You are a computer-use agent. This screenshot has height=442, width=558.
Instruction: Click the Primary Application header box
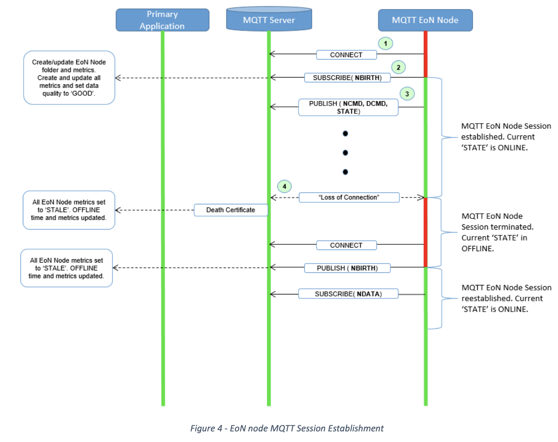click(x=162, y=20)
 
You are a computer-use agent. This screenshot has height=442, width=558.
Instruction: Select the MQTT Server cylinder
click(x=269, y=20)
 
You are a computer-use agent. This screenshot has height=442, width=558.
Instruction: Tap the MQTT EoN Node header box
click(x=425, y=20)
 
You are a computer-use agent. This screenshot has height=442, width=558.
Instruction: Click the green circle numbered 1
click(x=385, y=43)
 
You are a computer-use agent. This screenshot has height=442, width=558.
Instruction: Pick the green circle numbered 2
click(x=399, y=67)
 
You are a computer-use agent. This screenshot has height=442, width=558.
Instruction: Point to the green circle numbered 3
click(x=407, y=94)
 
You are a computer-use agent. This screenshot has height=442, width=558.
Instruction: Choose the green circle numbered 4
click(x=284, y=187)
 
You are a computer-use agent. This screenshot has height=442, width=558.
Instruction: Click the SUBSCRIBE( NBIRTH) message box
click(x=347, y=78)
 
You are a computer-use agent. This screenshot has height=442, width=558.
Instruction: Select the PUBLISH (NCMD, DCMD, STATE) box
click(x=348, y=107)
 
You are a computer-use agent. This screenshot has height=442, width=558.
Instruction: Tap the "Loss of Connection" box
click(x=349, y=197)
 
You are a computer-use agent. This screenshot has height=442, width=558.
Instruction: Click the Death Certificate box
click(x=230, y=210)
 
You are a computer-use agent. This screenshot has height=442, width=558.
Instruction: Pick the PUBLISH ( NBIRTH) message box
click(x=347, y=268)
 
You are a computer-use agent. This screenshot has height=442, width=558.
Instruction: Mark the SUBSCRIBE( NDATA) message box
click(x=348, y=294)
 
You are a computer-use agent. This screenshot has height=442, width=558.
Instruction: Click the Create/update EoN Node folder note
click(x=69, y=77)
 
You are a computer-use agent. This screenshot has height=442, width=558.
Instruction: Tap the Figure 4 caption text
click(x=287, y=428)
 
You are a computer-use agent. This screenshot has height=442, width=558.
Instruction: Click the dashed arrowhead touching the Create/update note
click(x=118, y=78)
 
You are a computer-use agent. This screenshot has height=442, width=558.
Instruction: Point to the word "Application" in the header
click(x=162, y=26)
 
